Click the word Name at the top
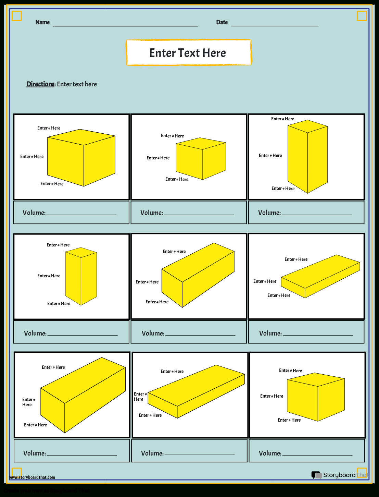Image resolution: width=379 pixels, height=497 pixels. point(42,22)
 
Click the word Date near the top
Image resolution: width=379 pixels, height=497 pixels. point(222,22)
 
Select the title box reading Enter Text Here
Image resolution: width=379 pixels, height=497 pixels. point(188,53)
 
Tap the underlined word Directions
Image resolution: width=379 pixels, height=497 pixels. point(40,84)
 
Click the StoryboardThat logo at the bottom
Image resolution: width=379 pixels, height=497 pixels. point(339,475)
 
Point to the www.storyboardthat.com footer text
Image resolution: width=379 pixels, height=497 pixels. point(32,477)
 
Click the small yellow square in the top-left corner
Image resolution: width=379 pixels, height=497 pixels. point(17,16)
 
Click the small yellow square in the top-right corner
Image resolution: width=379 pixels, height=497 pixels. point(362,16)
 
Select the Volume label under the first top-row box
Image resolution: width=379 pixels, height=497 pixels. point(34,213)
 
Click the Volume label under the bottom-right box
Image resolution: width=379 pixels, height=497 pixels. point(270,453)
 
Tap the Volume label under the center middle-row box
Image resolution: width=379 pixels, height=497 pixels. point(153,333)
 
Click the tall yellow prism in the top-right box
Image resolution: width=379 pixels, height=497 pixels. point(307,158)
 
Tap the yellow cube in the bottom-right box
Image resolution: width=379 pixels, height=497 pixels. point(315,398)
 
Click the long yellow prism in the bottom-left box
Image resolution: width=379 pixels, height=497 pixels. point(83,394)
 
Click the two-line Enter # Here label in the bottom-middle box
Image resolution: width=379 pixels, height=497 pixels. point(140,397)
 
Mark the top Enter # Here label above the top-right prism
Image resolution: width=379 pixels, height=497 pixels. point(282,119)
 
